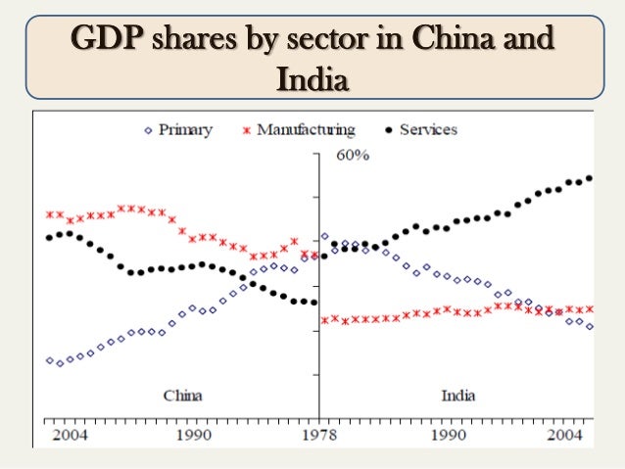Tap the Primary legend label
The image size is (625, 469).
pyautogui.click(x=185, y=129)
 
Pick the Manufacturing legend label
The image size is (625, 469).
pyautogui.click(x=306, y=129)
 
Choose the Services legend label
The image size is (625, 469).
pyautogui.click(x=428, y=129)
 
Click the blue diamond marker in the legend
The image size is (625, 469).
pyautogui.click(x=147, y=130)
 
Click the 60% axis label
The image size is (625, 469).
pyautogui.click(x=353, y=156)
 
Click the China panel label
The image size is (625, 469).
pyautogui.click(x=182, y=396)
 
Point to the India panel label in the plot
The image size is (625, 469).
pyautogui.click(x=457, y=396)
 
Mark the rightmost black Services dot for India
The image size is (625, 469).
pyautogui.click(x=590, y=178)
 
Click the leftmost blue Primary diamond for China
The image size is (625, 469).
pyautogui.click(x=50, y=360)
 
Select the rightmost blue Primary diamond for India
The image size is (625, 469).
pyautogui.click(x=590, y=326)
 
